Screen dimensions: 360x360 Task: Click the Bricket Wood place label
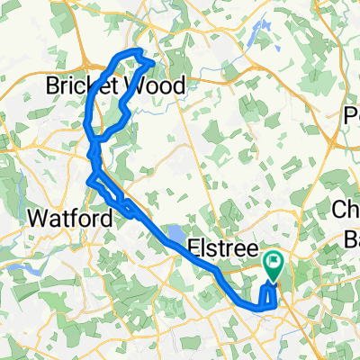116,86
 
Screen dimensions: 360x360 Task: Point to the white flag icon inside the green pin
274,263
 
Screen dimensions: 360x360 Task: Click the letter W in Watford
39,218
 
